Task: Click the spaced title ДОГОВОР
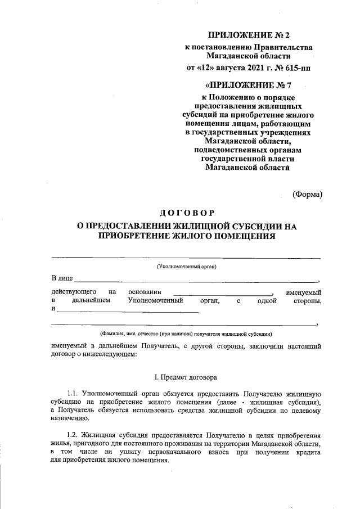pos(187,213)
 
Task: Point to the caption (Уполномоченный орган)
pos(187,267)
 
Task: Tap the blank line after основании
pos(222,294)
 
